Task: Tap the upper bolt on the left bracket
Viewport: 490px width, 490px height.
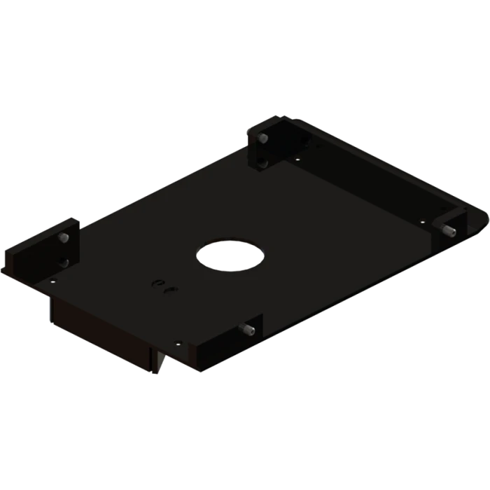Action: (64, 239)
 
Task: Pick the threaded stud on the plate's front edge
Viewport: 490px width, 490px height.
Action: (248, 329)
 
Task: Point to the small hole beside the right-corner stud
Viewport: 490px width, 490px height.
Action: (423, 220)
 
